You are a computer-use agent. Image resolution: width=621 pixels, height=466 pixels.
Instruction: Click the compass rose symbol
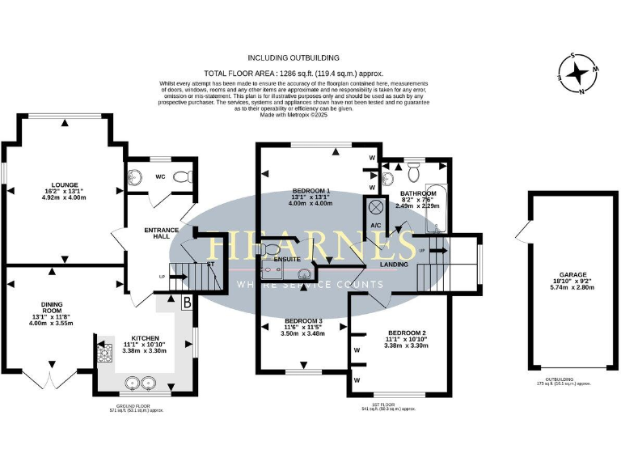click(579, 74)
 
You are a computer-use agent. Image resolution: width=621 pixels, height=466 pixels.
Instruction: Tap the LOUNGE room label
click(63, 184)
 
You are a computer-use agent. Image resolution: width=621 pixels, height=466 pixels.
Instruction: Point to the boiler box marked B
click(188, 304)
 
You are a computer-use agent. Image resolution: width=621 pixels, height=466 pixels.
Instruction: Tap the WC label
click(160, 176)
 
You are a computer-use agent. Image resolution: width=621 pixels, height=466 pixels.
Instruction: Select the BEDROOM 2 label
click(406, 333)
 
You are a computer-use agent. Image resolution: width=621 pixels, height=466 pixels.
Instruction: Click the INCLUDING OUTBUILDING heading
click(294, 58)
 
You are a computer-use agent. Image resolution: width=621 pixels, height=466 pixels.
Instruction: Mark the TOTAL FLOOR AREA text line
click(294, 73)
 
